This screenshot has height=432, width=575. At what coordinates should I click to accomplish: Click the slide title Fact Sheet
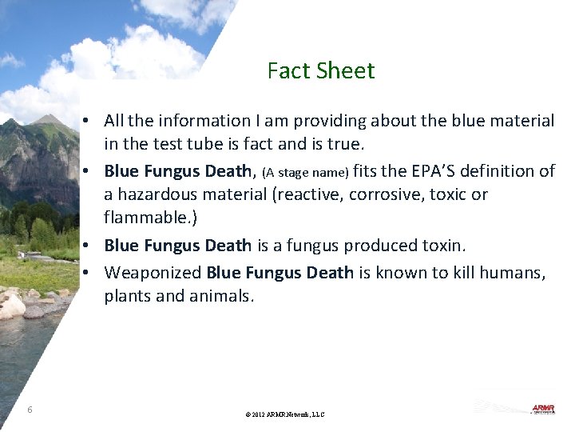(x=321, y=71)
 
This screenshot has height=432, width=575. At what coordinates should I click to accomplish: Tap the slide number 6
(x=30, y=410)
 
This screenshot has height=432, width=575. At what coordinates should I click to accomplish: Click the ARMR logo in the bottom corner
(x=543, y=409)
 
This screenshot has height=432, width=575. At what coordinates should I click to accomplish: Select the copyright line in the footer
(x=285, y=414)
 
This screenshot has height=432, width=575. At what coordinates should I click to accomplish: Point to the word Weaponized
(x=153, y=273)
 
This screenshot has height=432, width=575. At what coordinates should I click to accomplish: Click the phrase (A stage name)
(x=305, y=173)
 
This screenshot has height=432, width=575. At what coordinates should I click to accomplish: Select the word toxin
(x=439, y=246)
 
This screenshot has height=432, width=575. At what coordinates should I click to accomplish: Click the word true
(x=346, y=145)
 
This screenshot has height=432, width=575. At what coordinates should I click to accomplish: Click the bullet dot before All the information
(x=94, y=121)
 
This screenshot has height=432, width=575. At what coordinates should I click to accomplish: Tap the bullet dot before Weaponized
(x=94, y=273)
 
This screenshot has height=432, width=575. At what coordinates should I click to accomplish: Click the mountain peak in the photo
(x=50, y=120)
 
